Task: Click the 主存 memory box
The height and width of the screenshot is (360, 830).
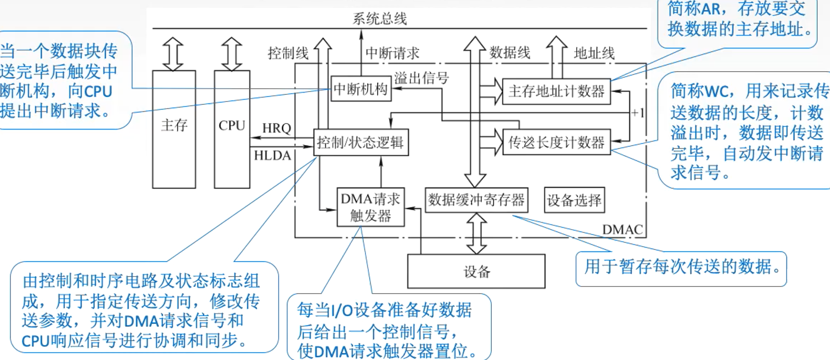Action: pos(174,129)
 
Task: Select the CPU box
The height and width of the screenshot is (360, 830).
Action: pos(231,129)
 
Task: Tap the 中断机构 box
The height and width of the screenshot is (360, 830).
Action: pos(360,89)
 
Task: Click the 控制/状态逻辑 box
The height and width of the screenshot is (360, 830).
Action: pos(360,142)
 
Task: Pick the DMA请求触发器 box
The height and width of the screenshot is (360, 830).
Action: pos(370,207)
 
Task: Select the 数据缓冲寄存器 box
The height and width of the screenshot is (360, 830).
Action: pos(476,200)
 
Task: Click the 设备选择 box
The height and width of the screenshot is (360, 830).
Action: pos(574,200)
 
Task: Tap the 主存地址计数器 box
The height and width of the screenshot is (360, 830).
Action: pos(556,91)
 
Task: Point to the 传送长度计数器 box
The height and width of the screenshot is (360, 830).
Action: pos(556,142)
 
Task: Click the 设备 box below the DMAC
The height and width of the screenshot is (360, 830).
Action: pos(476,271)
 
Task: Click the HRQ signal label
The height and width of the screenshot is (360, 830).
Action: pos(277,128)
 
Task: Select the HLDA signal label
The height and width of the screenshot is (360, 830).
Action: pos(272,156)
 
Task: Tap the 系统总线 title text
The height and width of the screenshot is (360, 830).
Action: pos(379,18)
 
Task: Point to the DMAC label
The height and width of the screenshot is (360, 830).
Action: pos(622,230)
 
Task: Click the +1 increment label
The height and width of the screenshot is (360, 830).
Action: pos(638,113)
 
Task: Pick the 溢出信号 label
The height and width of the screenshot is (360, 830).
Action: pos(421,78)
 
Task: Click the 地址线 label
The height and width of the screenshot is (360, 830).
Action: pos(594,53)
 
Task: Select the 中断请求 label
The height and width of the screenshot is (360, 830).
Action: pos(392,53)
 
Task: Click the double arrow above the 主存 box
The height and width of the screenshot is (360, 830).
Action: pos(173,54)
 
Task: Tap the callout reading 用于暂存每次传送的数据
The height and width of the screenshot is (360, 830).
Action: pos(681,268)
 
